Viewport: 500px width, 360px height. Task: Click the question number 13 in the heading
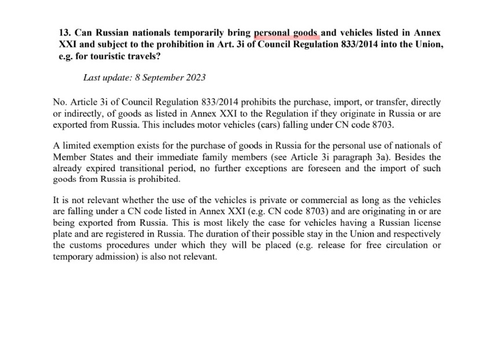tap(64, 34)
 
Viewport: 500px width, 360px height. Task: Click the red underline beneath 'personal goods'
tap(286, 39)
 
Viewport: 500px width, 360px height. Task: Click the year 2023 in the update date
tap(195, 77)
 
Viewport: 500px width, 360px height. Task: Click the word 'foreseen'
tap(325, 168)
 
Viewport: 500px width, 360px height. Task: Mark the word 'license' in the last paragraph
tap(426, 222)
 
